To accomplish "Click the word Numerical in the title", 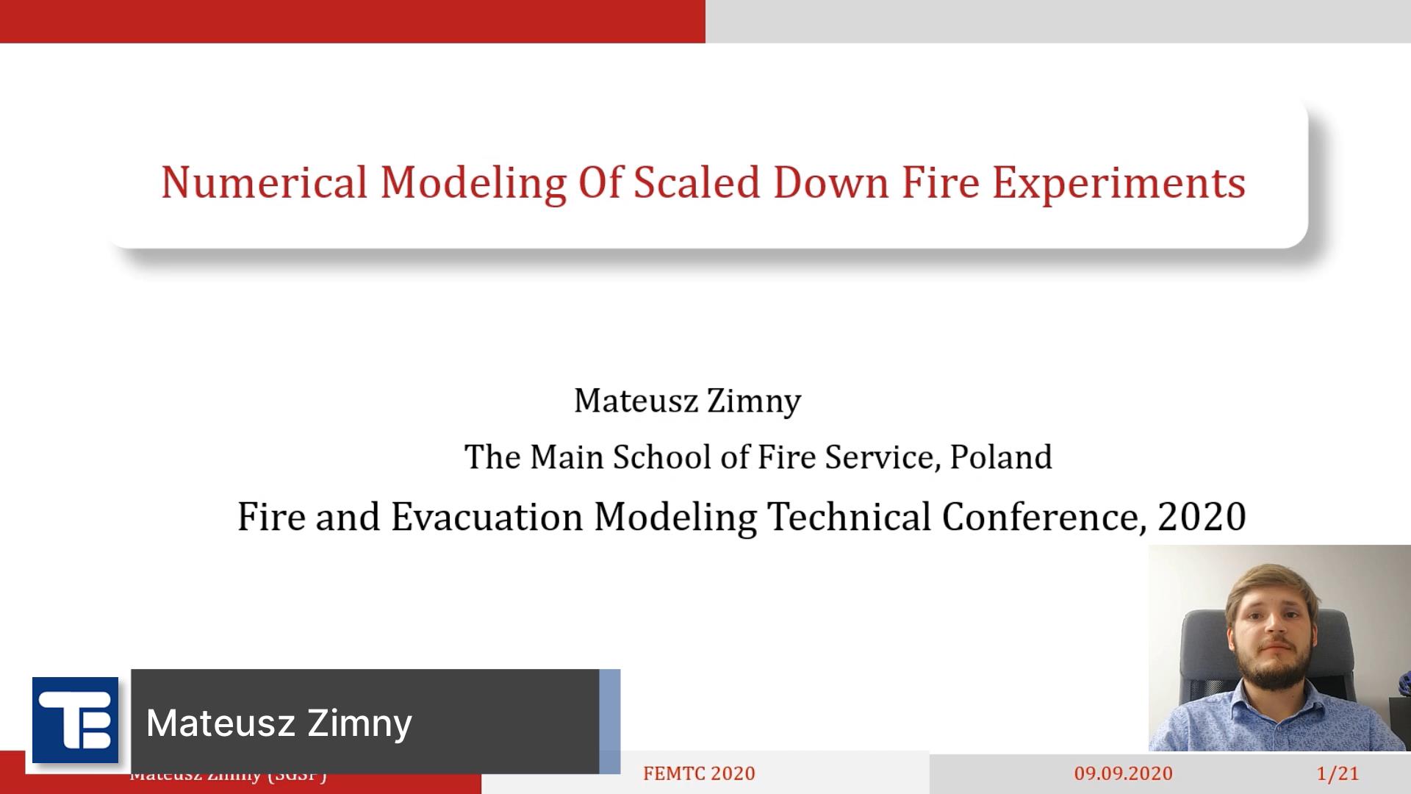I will (x=263, y=182).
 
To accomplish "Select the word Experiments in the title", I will (x=1119, y=184).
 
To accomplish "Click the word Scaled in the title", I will (x=696, y=182).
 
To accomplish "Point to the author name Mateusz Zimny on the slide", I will (x=687, y=401).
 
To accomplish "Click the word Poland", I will (x=1000, y=457).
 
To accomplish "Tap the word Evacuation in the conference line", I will (x=487, y=517).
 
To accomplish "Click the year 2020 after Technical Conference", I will (x=1202, y=517).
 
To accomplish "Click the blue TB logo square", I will (x=75, y=720).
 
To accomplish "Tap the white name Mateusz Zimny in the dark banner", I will (x=279, y=723).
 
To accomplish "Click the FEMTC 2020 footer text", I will (x=699, y=773).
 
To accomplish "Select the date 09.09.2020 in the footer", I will (x=1123, y=773).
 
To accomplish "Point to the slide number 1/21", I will (x=1338, y=773).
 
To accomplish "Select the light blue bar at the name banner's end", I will (x=610, y=721).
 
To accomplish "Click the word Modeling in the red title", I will (x=473, y=184).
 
